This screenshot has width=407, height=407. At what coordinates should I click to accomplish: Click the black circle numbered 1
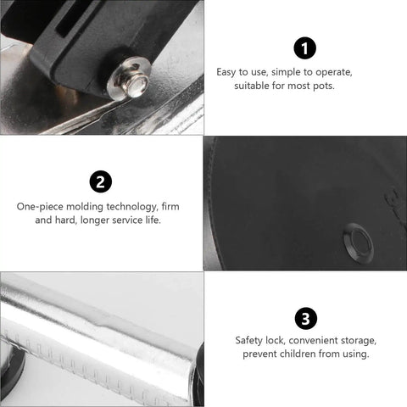click(304, 48)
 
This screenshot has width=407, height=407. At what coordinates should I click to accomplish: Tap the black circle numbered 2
click(101, 181)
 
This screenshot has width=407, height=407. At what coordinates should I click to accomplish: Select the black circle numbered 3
click(306, 319)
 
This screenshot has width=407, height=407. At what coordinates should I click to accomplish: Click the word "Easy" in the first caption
click(226, 72)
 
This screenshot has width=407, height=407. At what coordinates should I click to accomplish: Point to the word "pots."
click(324, 86)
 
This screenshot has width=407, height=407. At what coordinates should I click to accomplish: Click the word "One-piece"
click(40, 207)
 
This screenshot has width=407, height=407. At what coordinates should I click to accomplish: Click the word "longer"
click(95, 220)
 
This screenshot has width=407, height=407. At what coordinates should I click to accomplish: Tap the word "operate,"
click(334, 73)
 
